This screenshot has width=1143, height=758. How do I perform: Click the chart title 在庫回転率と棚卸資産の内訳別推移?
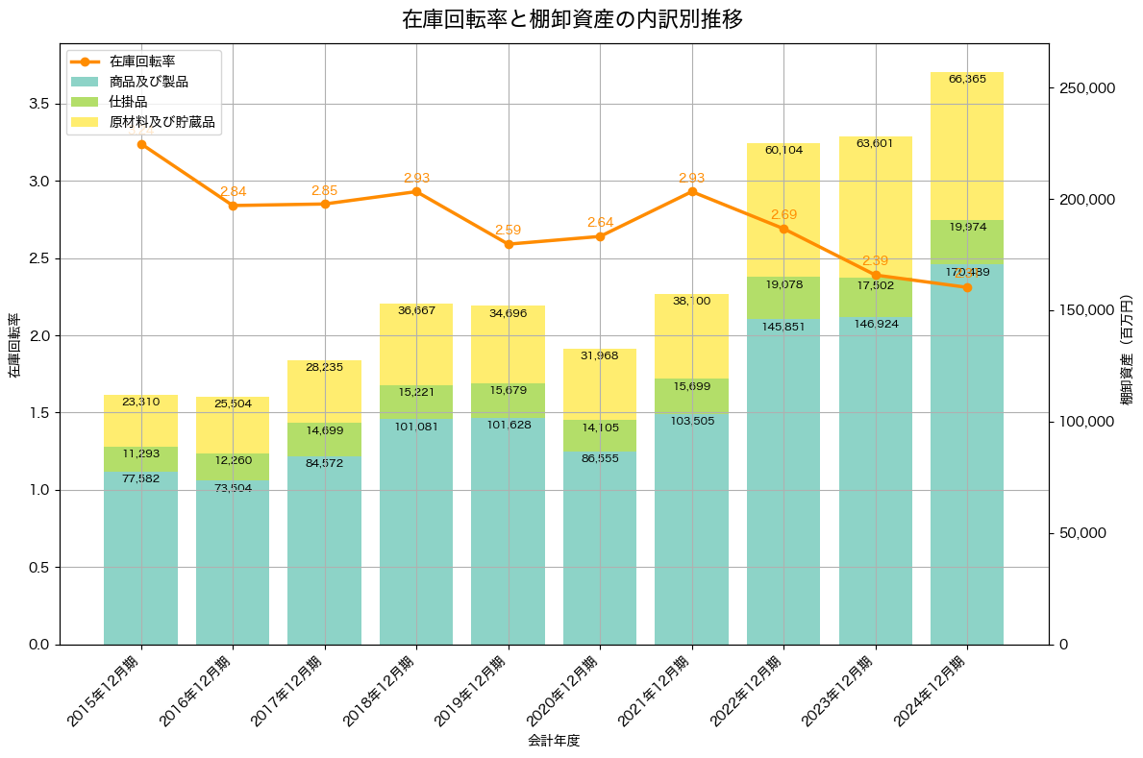click(572, 19)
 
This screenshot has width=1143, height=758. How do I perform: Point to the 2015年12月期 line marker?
click(141, 144)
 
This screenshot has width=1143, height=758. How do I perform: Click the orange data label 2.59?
click(509, 230)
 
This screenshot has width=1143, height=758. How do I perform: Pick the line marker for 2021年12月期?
click(692, 192)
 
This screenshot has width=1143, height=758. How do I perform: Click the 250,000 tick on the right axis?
click(1085, 88)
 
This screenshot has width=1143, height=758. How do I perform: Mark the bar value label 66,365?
click(967, 79)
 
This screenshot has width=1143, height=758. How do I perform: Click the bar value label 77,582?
click(141, 478)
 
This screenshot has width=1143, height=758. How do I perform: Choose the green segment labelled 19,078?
click(783, 298)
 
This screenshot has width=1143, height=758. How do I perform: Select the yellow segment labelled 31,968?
click(600, 384)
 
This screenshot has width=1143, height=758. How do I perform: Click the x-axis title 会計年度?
click(554, 741)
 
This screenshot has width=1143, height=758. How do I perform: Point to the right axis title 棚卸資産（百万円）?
click(1127, 350)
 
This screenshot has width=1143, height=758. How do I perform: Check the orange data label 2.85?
click(325, 190)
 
